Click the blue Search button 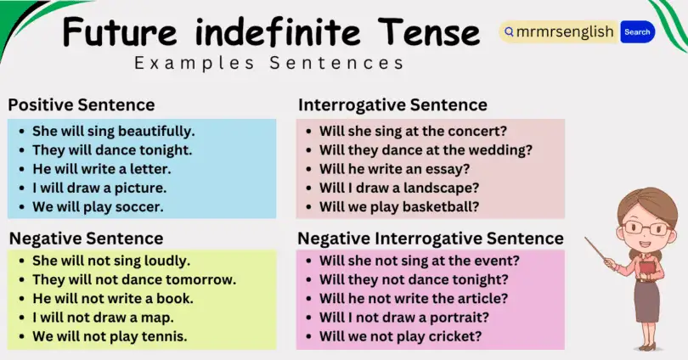click(x=637, y=32)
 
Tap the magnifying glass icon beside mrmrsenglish click(x=509, y=32)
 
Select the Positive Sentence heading click(x=82, y=105)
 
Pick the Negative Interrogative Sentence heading click(x=431, y=238)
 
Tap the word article click(x=482, y=298)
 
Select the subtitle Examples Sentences click(x=269, y=63)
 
